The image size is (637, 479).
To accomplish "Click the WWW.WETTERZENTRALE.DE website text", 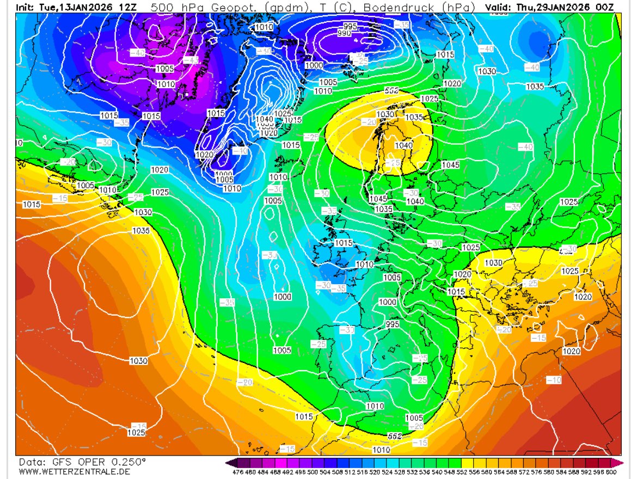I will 74,471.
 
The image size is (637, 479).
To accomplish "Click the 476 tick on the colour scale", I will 237,472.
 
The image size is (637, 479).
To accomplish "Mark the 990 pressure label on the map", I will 344,34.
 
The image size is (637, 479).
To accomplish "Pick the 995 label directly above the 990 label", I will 350,27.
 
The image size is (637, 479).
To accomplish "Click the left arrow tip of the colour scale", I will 226,463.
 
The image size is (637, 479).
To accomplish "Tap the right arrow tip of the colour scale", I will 622,463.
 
